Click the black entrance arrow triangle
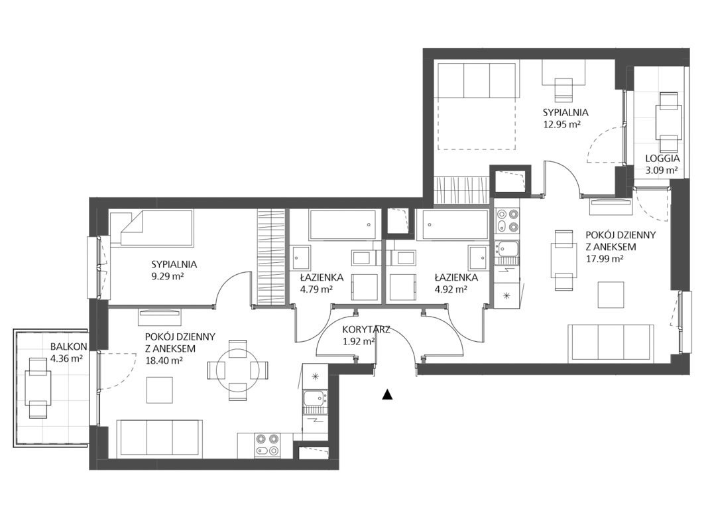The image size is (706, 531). tap(387, 394)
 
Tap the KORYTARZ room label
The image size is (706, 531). tap(366, 329)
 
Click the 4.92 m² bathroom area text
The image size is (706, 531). tap(450, 289)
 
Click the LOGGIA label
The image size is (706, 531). tap(662, 159)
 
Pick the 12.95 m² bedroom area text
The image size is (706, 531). tap(561, 124)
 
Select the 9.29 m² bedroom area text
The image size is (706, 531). tap(168, 276)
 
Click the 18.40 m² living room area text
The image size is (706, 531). tap(164, 360)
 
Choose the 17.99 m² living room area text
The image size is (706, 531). tap(604, 259)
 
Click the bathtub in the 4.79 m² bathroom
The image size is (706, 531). tap(343, 225)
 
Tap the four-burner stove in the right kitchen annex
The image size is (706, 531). tap(507, 221)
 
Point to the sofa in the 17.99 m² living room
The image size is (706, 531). tap(611, 343)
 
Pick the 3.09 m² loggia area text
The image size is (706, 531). tap(662, 171)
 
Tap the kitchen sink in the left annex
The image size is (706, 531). tap(315, 398)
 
